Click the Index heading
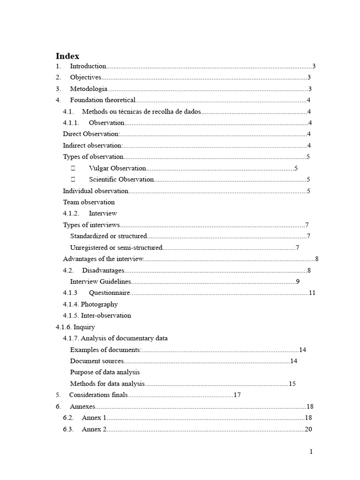click(x=67, y=56)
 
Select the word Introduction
click(x=88, y=66)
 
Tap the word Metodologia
click(x=89, y=89)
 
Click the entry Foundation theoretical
click(x=103, y=100)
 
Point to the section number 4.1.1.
click(x=72, y=123)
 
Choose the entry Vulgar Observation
click(x=117, y=168)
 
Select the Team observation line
click(x=89, y=202)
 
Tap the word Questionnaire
click(x=109, y=293)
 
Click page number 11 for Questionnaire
click(x=312, y=293)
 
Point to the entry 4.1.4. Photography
click(x=90, y=304)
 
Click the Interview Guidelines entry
click(x=100, y=282)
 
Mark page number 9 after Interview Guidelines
click(x=298, y=282)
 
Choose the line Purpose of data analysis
click(x=105, y=372)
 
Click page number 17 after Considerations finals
click(x=237, y=395)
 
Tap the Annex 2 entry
click(x=94, y=429)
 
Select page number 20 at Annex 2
click(x=308, y=429)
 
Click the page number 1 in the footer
click(x=310, y=452)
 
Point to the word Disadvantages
click(x=103, y=270)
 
